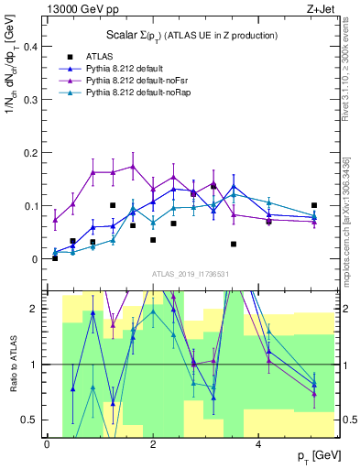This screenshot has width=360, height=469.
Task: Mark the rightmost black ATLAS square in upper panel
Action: pyautogui.click(x=314, y=205)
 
